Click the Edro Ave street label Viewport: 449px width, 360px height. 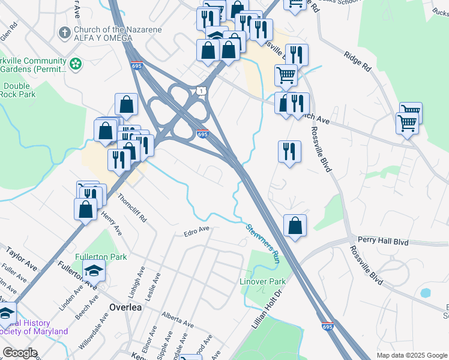(x=196, y=229)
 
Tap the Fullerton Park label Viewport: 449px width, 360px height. (x=101, y=257)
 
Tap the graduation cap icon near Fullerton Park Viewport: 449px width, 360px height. (x=94, y=271)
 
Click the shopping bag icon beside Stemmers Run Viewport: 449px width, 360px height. (x=295, y=226)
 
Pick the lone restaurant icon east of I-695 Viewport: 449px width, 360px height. (x=289, y=151)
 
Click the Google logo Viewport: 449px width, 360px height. (x=20, y=353)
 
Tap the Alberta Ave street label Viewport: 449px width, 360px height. (x=177, y=319)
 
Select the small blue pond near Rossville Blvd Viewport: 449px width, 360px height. (x=426, y=293)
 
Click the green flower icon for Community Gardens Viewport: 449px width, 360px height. (x=76, y=62)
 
